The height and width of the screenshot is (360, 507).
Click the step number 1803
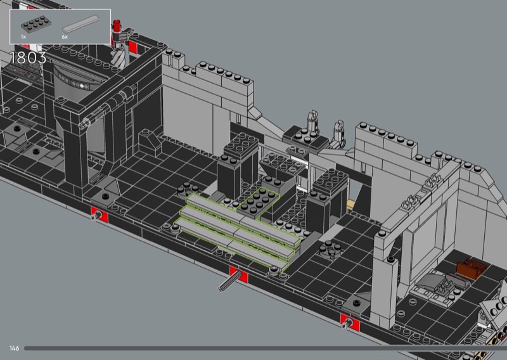point(28,58)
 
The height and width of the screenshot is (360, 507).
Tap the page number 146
point(14,348)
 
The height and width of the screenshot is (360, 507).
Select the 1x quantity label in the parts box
point(23,37)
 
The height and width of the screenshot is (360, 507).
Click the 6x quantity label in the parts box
point(65,37)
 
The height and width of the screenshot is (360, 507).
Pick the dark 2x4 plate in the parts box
point(36,25)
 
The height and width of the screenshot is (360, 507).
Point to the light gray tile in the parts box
point(80,23)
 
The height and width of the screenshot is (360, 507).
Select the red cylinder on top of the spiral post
point(117,25)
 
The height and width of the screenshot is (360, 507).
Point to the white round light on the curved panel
point(82,86)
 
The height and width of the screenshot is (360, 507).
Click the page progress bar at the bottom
point(265,349)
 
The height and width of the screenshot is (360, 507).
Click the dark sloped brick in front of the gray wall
point(150,141)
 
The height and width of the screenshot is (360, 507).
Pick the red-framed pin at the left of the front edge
point(98,215)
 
